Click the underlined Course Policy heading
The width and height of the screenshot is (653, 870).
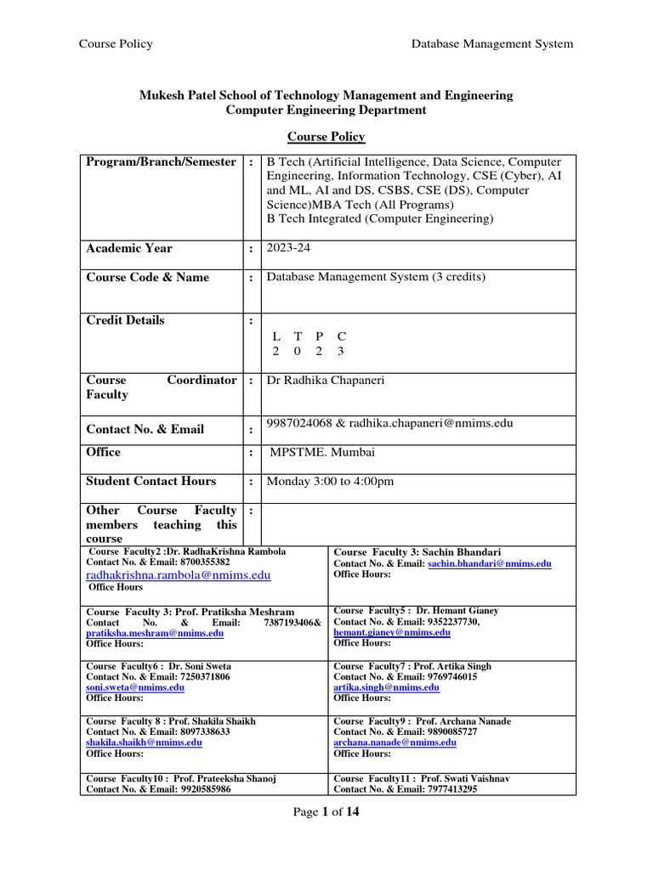pyautogui.click(x=326, y=137)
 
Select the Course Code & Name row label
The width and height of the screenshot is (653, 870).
pyautogui.click(x=147, y=278)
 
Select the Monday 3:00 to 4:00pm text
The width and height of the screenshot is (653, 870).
pyautogui.click(x=330, y=481)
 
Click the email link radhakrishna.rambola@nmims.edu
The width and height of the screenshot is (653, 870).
pyautogui.click(x=179, y=575)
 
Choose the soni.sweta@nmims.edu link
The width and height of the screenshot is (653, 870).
pyautogui.click(x=135, y=687)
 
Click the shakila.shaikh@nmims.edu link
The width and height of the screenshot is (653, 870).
pyautogui.click(x=144, y=742)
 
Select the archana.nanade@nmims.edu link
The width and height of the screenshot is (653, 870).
pyautogui.click(x=395, y=742)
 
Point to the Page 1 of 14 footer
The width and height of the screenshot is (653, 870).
pyautogui.click(x=326, y=812)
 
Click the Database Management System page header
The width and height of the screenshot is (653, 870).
pyautogui.click(x=492, y=43)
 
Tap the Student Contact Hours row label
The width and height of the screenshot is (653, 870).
pyautogui.click(x=151, y=481)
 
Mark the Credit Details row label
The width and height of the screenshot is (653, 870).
pyautogui.click(x=126, y=320)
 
